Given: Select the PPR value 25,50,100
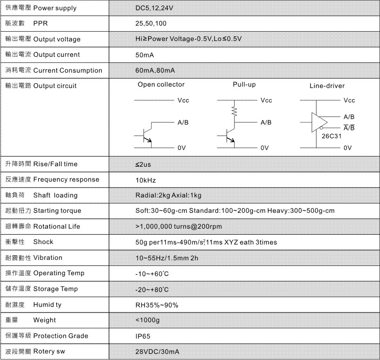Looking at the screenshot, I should pos(150,23).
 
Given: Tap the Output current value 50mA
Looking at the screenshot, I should pos(145,54).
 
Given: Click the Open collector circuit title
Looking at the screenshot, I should pos(161,85).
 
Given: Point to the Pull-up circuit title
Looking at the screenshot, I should pos(244,85).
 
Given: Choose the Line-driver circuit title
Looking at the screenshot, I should pos(327,86).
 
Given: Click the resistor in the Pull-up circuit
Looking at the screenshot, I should pos(234,111).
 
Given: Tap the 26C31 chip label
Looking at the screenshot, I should pos(331,136).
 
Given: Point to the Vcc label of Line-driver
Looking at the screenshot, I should pos(349,101).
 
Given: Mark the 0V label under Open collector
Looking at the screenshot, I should pos(181,148).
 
